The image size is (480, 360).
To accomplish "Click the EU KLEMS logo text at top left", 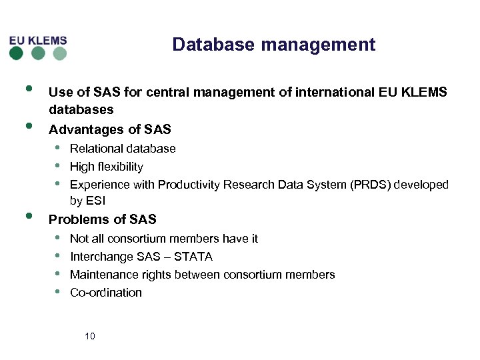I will (38, 40).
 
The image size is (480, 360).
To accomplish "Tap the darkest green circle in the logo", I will (17, 53).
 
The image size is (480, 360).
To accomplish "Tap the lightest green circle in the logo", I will (60, 53).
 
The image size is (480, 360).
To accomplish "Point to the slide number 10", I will (90, 336).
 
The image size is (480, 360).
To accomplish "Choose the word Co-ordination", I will (106, 293).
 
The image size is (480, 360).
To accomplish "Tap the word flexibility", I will (120, 167).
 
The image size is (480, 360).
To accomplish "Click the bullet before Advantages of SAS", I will (29, 125).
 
